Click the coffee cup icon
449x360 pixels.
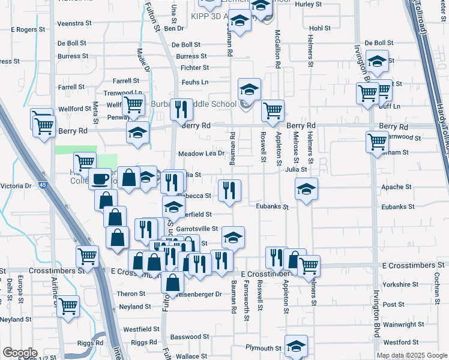coord(100,178)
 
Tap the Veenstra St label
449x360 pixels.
coord(74,23)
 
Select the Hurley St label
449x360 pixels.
coord(309,4)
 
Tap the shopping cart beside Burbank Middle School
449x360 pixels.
coord(273,110)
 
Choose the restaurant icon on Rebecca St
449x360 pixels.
coord(230,190)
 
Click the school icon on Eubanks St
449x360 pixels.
coord(306,190)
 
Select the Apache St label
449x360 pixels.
coord(396,187)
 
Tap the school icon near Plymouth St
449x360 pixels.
coord(296,346)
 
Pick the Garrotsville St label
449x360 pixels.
coord(197,229)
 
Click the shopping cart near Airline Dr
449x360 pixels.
coord(68,305)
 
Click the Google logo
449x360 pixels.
coord(20,353)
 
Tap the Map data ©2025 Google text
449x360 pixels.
coord(411,355)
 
